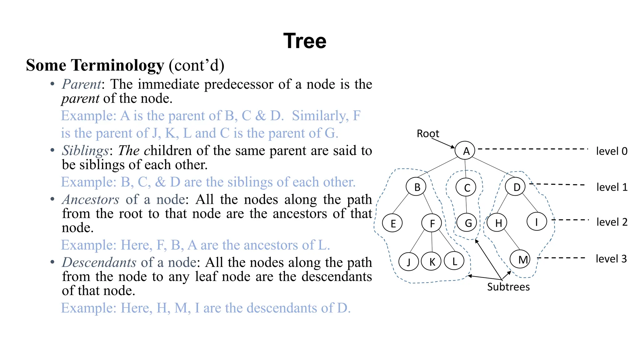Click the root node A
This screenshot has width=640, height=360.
tap(465, 151)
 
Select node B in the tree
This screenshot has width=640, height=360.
tap(416, 187)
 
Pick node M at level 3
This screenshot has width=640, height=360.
tap(520, 259)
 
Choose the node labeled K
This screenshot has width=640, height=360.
tap(431, 261)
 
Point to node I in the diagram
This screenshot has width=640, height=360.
tap(537, 222)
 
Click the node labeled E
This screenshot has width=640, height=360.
tap(392, 223)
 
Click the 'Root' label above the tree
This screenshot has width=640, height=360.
tap(427, 134)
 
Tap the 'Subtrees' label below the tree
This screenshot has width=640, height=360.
tap(508, 287)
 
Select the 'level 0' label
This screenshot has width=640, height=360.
tap(612, 151)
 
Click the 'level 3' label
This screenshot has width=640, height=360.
tap(611, 259)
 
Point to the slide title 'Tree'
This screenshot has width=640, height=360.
tap(305, 41)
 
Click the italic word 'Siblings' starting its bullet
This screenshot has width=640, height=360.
tap(85, 151)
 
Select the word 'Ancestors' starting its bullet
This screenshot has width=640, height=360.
tap(91, 200)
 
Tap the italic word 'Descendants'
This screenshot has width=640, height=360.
tap(99, 262)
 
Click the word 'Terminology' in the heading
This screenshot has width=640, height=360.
tap(117, 66)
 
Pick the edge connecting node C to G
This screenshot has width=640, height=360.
tap(466, 205)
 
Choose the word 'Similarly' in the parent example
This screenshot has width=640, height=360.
tap(320, 116)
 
